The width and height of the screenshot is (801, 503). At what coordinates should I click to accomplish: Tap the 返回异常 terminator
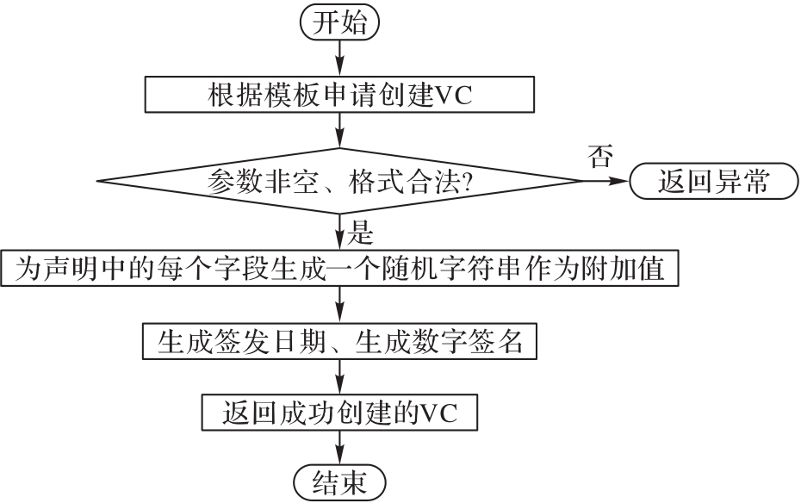click(712, 182)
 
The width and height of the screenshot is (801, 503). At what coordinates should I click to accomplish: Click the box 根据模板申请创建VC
click(339, 94)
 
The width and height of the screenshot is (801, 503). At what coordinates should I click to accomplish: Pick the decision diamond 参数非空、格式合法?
click(339, 182)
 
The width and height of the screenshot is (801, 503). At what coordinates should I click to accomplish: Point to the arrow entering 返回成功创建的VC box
click(339, 376)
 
